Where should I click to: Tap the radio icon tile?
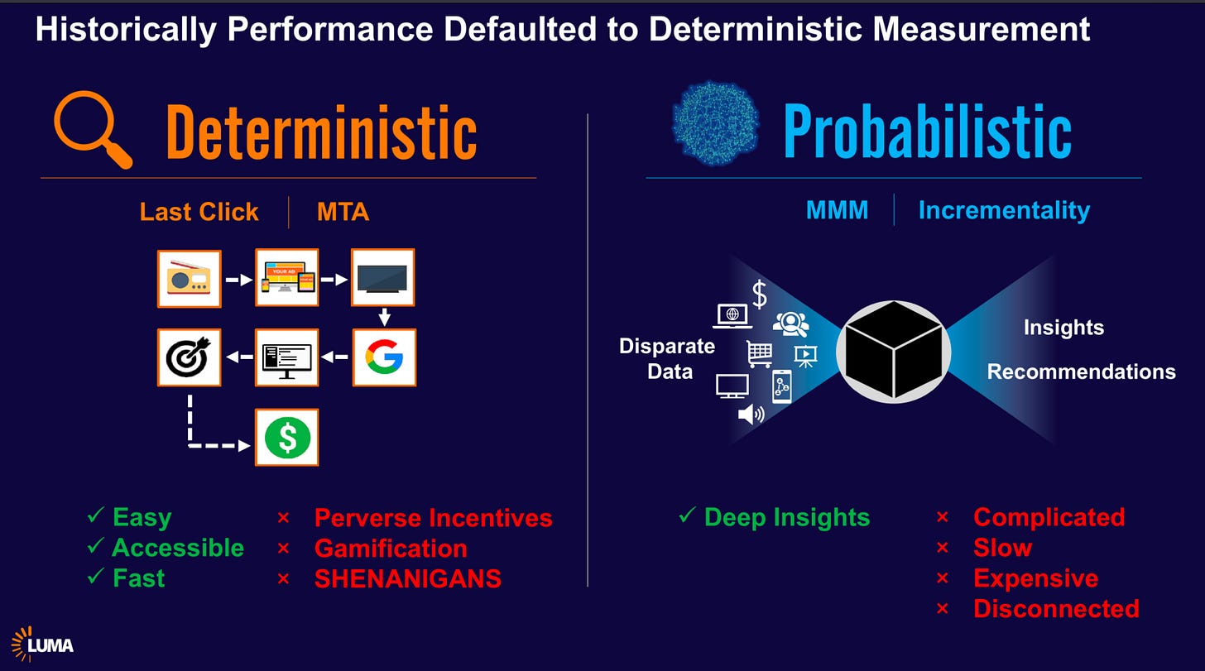(x=190, y=279)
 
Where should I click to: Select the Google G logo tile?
(x=384, y=357)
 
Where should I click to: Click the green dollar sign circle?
(x=287, y=438)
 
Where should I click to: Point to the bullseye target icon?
(x=190, y=357)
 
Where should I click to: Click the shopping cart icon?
(x=760, y=352)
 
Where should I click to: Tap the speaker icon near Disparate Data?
(x=751, y=414)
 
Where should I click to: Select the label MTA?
(x=343, y=212)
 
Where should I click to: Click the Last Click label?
(x=199, y=212)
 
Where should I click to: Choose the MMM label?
(x=837, y=210)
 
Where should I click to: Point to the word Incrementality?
(x=1004, y=210)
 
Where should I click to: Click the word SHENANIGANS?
(x=407, y=578)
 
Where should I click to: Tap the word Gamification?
(x=391, y=548)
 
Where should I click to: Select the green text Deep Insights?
(x=786, y=517)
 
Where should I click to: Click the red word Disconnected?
(x=1056, y=609)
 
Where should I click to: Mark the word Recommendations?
(x=1081, y=371)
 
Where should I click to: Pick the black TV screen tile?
(x=383, y=279)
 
